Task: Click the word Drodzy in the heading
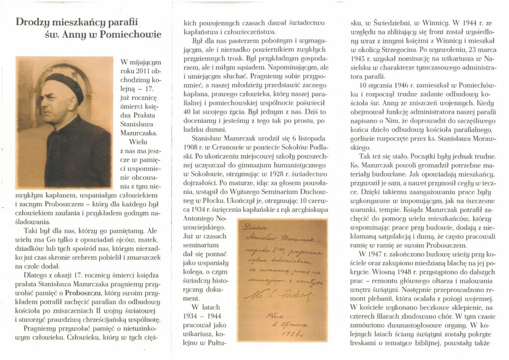click(x=33, y=22)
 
